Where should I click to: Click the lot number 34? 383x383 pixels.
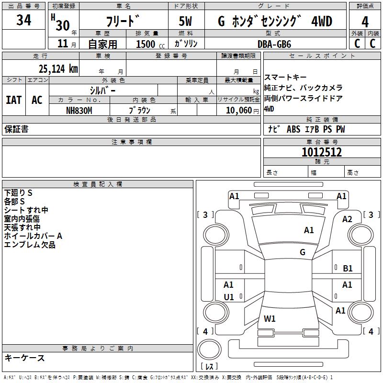[x=24, y=20]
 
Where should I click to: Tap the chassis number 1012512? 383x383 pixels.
[x=321, y=152]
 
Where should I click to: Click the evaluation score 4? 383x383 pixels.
[x=365, y=22]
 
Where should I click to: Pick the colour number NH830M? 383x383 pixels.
[x=79, y=110]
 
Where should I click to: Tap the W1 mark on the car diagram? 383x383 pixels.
[x=270, y=318]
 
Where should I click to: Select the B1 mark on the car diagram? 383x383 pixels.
[x=348, y=269]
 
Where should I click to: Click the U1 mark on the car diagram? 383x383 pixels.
[x=229, y=297]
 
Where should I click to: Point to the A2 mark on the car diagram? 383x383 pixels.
[x=347, y=219]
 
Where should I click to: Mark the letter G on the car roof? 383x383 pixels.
[x=303, y=252]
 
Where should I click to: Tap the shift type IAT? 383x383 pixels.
[x=13, y=100]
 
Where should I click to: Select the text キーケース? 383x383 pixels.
[x=25, y=358]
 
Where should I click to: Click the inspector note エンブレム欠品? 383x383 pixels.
[x=30, y=245]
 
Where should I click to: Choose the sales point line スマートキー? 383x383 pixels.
[x=285, y=78]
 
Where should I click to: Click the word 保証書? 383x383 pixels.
[x=16, y=129]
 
